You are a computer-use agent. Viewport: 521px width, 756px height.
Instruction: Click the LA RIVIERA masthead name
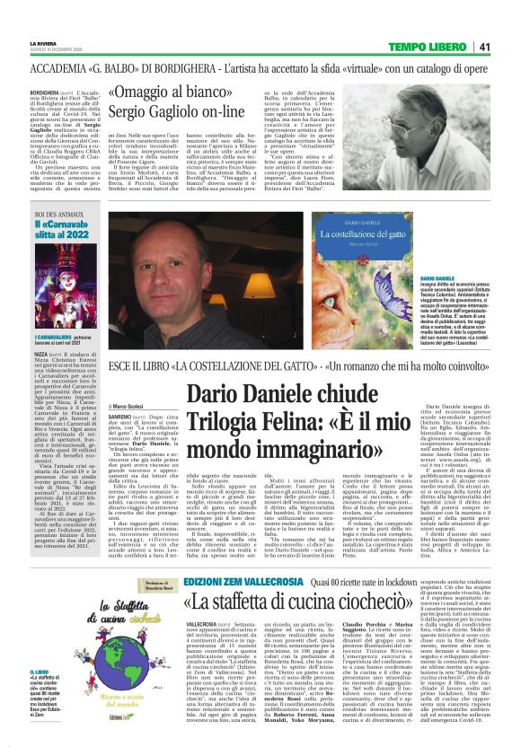pyautogui.click(x=43, y=41)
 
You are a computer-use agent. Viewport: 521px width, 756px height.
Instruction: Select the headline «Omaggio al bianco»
pyautogui.click(x=176, y=92)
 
